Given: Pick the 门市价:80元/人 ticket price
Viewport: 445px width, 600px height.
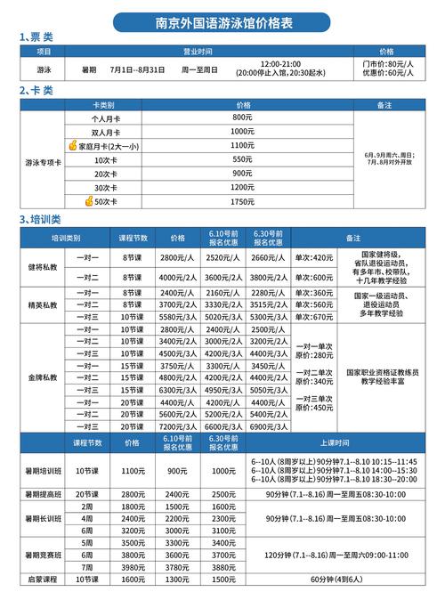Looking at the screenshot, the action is [384, 64].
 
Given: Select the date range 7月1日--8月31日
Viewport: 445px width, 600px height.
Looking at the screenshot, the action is [137, 69].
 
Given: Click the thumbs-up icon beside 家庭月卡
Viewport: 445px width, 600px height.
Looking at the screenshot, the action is [73, 144].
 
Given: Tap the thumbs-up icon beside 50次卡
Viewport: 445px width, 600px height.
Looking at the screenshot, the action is [89, 202].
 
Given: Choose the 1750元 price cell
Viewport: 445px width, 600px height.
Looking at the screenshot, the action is [243, 202].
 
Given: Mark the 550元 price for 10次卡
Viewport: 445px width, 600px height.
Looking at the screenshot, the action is [243, 158].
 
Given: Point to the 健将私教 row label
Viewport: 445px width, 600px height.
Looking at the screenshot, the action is [43, 267].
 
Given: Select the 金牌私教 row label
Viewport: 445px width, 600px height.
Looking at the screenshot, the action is [43, 377].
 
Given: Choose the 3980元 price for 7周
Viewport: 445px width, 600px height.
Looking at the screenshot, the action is [133, 567].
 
